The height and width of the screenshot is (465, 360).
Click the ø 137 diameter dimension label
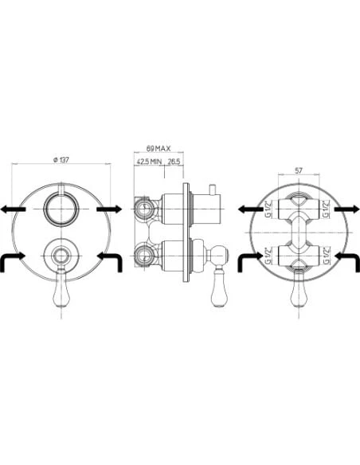(61, 159)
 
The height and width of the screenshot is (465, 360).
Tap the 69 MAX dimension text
(158, 148)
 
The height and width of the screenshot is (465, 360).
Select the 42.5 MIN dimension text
(149, 162)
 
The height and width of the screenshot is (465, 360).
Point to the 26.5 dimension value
(174, 162)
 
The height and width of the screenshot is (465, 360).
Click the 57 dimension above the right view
(299, 170)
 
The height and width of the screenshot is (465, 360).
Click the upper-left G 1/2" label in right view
(268, 209)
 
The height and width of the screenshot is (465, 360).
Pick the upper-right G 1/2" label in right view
(327, 209)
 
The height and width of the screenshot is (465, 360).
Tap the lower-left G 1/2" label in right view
(268, 256)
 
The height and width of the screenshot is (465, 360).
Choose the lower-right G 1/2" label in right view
(327, 256)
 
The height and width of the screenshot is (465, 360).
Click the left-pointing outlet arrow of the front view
(13, 209)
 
